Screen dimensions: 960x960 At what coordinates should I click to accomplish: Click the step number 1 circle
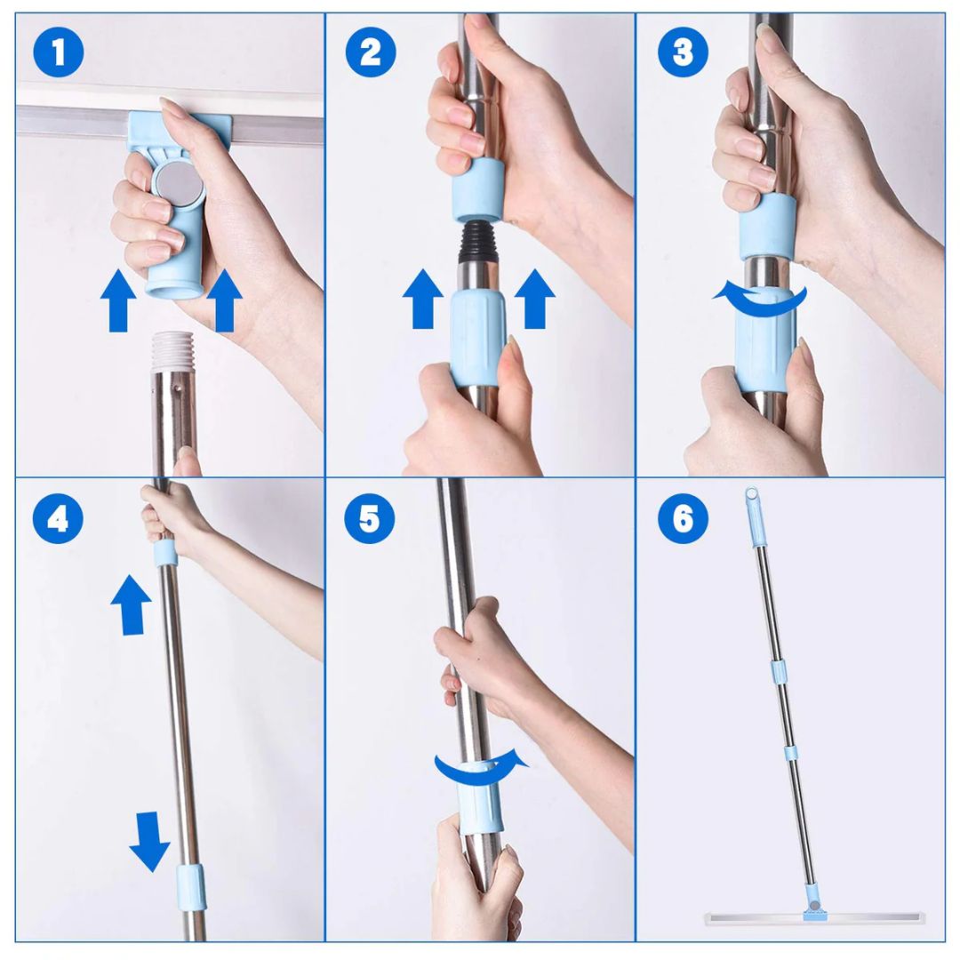59,52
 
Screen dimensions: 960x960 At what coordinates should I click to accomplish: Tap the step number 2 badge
371,52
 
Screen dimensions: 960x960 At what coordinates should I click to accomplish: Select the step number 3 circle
683,52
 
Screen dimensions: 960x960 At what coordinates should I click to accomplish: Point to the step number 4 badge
58,519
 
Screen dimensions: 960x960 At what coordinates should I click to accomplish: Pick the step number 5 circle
369,519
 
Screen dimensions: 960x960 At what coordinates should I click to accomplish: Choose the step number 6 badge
683,519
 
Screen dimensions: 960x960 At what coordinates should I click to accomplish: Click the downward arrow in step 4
149,841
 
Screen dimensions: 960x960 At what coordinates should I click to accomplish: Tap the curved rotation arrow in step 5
481,772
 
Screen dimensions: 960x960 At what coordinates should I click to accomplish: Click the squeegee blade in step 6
814,920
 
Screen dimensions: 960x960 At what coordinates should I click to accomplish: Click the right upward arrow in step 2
534,299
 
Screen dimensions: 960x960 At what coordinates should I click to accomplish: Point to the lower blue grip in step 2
478,340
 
